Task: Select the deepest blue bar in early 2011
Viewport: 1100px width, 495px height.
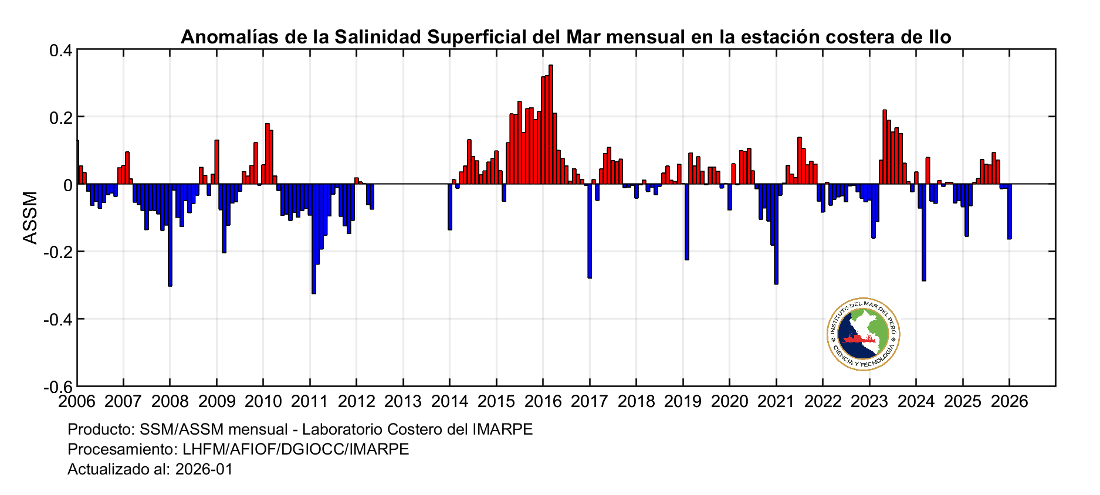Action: [x=314, y=239]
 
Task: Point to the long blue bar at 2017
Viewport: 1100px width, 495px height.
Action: [x=590, y=231]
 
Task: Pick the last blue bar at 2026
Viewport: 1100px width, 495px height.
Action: [x=1010, y=212]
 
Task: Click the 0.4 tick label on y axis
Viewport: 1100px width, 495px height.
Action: [x=60, y=50]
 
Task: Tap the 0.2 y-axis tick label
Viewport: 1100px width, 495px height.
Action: [x=60, y=117]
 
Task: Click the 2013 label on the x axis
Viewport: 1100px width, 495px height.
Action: [x=403, y=402]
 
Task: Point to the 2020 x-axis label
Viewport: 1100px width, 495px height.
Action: [x=729, y=402]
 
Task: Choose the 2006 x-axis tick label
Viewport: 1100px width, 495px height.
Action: [x=77, y=402]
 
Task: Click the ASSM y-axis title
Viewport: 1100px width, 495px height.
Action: [x=30, y=218]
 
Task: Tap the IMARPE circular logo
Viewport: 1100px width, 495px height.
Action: [x=863, y=334]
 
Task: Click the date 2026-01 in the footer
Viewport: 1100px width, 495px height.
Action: [x=204, y=469]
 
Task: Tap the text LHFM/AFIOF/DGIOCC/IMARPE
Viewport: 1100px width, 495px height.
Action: [x=296, y=449]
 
